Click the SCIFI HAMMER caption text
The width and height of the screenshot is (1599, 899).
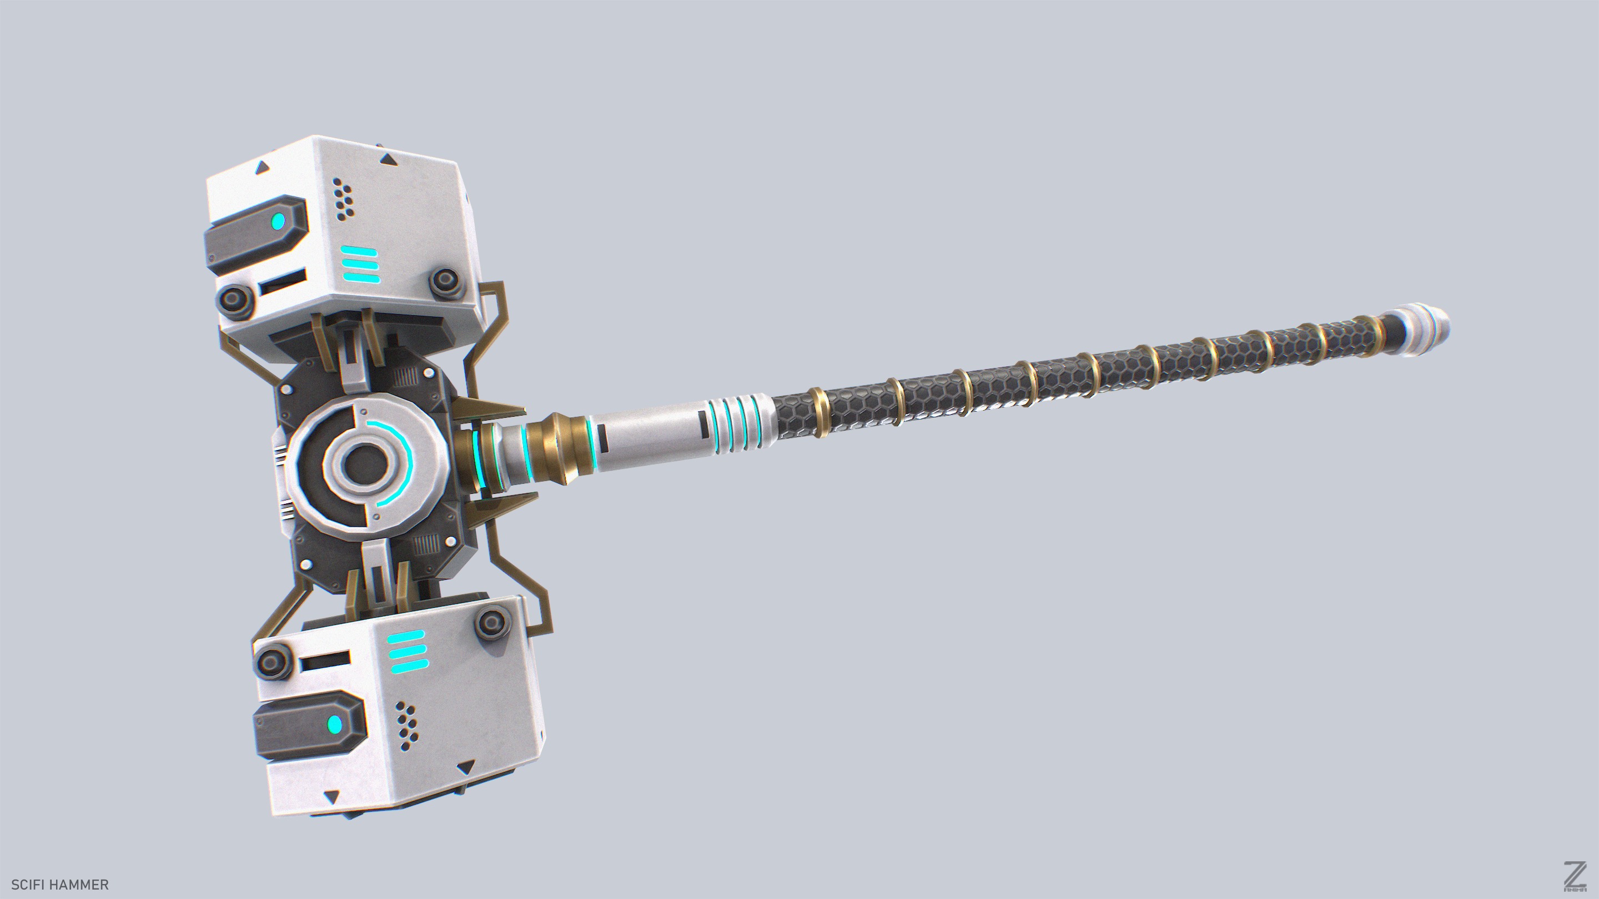click(x=59, y=884)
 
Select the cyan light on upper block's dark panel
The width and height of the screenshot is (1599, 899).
click(x=279, y=221)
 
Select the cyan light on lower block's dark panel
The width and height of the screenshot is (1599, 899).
click(x=335, y=724)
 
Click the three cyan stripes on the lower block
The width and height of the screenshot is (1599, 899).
click(x=407, y=652)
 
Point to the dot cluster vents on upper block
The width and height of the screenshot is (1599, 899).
click(x=343, y=198)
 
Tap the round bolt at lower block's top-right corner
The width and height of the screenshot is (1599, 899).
click(x=494, y=622)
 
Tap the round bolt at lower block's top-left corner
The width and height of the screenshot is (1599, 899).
click(x=273, y=662)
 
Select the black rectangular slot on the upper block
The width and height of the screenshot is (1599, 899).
click(x=283, y=282)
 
